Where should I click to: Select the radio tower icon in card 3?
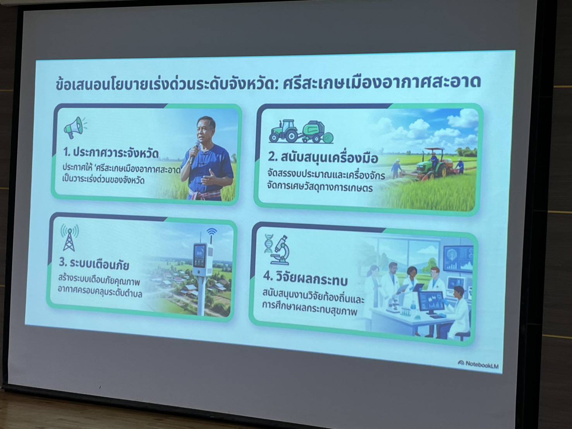(x=69, y=238)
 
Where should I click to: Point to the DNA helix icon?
(x=268, y=243)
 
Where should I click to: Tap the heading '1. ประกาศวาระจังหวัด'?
(x=111, y=153)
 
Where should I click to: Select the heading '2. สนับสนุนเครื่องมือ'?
(x=323, y=158)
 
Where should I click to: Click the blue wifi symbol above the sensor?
(x=211, y=232)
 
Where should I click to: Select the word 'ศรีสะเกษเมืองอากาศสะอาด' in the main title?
(x=382, y=82)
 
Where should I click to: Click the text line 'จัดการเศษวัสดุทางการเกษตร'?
(x=320, y=187)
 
